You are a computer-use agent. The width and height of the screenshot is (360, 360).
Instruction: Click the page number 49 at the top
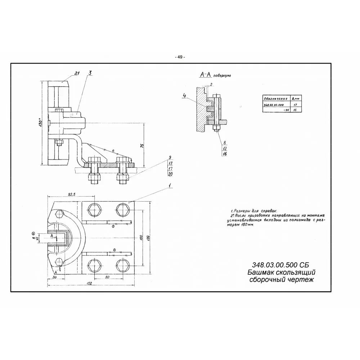180,57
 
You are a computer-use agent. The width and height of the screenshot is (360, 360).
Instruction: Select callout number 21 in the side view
76,73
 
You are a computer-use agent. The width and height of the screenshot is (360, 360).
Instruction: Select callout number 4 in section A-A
185,96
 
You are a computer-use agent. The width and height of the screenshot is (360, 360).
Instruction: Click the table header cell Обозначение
276,98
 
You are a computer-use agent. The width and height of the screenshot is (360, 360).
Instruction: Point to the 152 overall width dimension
90,283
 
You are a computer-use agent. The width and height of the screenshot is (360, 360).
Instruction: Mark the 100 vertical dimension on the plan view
141,238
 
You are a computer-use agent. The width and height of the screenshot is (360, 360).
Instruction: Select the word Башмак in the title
261,272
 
